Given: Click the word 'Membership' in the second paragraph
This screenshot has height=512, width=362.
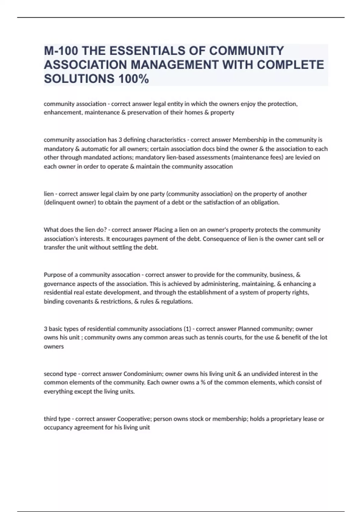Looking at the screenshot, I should (250, 140).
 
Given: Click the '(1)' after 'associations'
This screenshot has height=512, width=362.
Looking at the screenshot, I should (187, 329).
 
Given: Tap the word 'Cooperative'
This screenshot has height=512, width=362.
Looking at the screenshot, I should (132, 419).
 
